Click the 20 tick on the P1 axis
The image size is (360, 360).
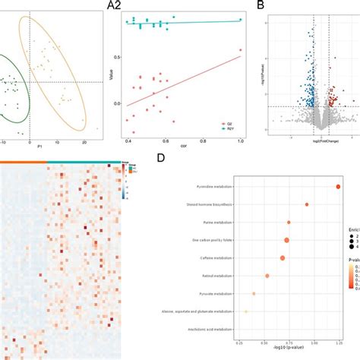click(83, 141)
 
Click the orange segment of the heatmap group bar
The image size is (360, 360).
click(23, 162)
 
